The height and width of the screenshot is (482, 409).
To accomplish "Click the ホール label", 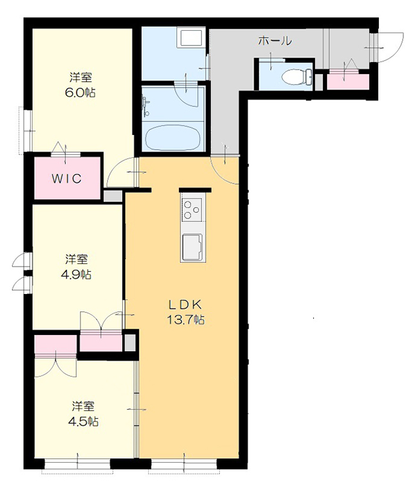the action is (275, 40).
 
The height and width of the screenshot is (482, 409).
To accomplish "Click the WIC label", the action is (66, 178).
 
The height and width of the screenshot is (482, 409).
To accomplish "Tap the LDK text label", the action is (185, 305).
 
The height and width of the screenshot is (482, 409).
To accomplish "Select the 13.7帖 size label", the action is (186, 320).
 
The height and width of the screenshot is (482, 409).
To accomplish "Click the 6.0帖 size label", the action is (80, 92).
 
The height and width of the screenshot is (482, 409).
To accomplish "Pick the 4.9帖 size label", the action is (76, 274).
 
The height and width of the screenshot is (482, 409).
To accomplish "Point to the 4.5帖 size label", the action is (83, 421).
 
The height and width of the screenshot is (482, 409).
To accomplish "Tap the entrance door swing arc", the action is (391, 46).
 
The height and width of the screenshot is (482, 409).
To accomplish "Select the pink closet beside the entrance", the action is (348, 82).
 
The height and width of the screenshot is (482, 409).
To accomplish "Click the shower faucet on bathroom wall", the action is (145, 107).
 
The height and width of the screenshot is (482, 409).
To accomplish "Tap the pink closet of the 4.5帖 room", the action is (56, 344).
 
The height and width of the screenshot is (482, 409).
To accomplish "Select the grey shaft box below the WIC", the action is (112, 196).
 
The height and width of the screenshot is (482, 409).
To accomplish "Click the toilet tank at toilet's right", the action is (309, 77).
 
